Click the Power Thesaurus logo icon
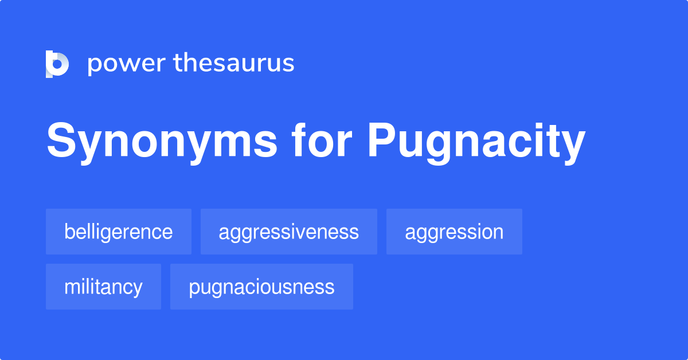(57, 64)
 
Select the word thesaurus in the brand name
(234, 63)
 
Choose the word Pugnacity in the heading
(476, 143)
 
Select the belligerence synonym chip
(119, 232)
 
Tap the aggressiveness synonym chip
(288, 232)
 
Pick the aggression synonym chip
(454, 232)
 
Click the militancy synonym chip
(103, 287)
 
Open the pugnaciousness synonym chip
(261, 287)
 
